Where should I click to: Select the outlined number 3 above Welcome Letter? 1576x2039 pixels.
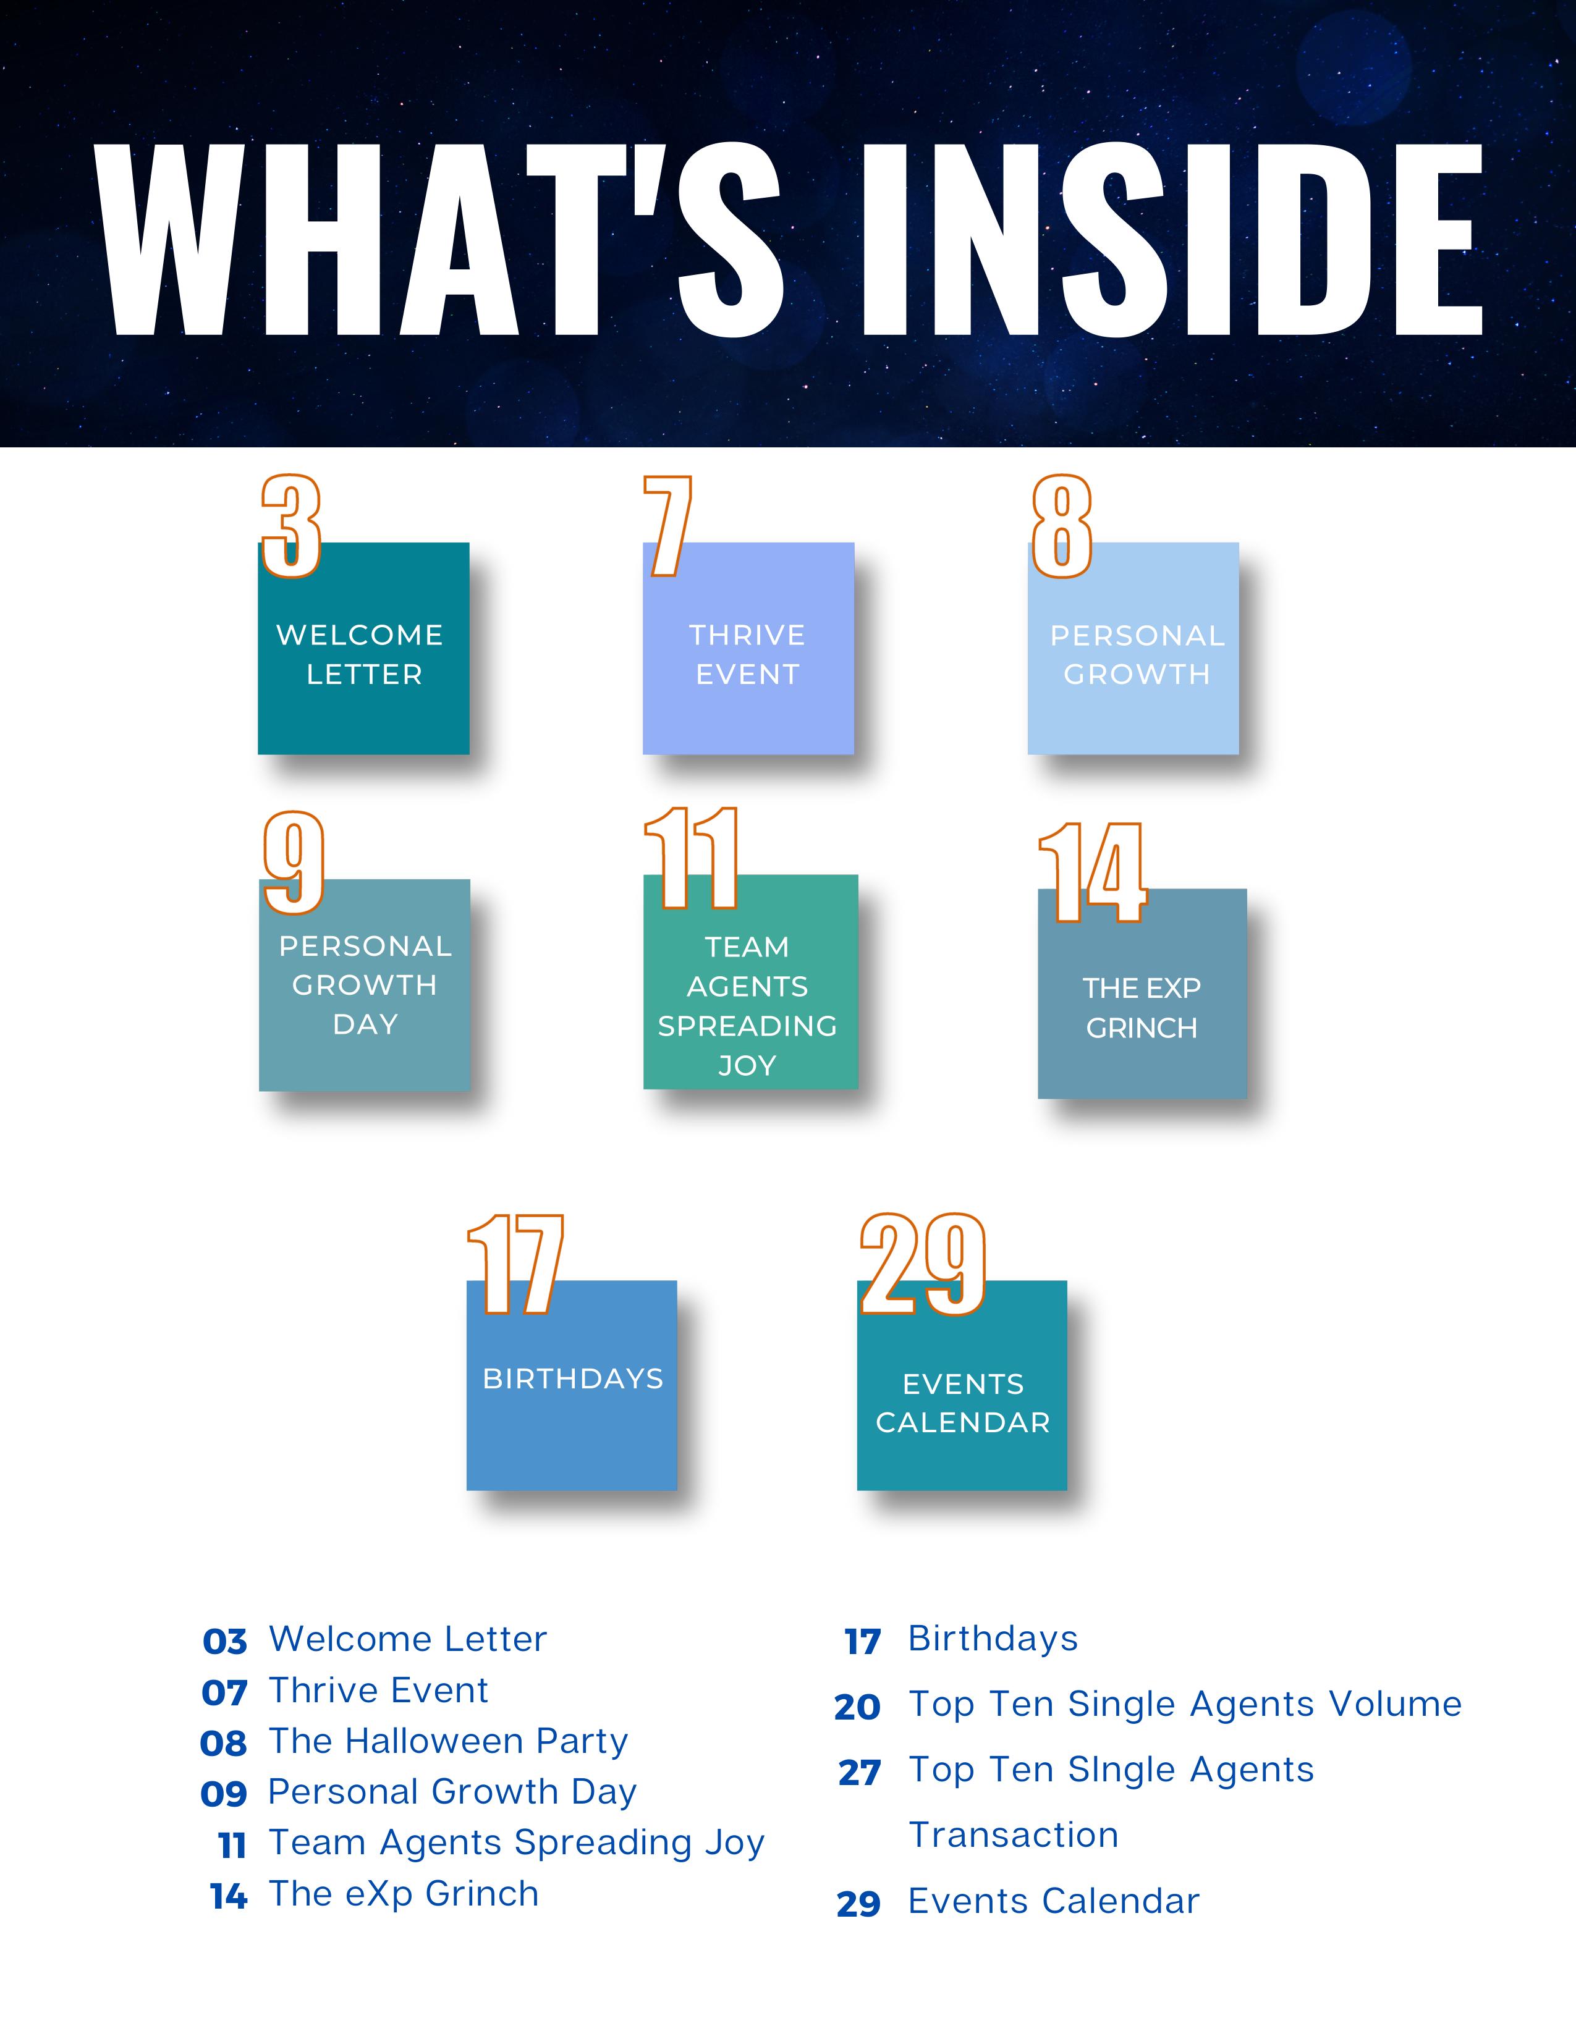click(x=291, y=526)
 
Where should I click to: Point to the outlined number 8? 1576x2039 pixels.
click(x=1062, y=526)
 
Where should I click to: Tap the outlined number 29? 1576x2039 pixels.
click(x=923, y=1265)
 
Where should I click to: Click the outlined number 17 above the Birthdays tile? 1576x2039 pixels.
click(x=516, y=1265)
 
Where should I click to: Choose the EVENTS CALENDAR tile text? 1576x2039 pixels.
click(x=962, y=1403)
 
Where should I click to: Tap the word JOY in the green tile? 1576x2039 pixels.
click(x=747, y=1065)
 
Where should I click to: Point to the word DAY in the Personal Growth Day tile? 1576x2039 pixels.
click(x=365, y=1024)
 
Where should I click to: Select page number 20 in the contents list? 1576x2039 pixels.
click(x=857, y=1707)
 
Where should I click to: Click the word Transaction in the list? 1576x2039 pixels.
click(x=1014, y=1834)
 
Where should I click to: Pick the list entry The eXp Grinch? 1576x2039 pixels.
click(x=404, y=1893)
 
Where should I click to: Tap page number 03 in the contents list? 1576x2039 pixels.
click(x=225, y=1641)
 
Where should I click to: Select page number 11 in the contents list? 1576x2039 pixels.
click(x=232, y=1845)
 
